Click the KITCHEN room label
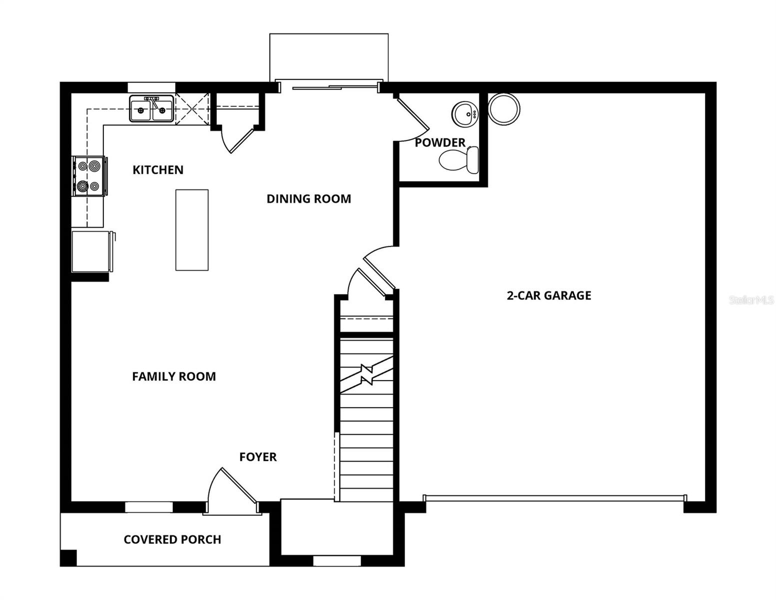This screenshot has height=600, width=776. coord(158,170)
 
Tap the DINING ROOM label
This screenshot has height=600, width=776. coord(308,199)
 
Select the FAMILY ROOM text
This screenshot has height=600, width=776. coord(174,376)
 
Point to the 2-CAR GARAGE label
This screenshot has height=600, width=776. coord(549,295)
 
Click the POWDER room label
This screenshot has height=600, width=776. coord(440,143)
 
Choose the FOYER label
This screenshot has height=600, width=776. coord(258,457)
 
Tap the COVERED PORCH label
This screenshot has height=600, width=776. coord(172,539)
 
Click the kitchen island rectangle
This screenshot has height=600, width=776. coord(192,230)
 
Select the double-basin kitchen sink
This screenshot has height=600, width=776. coord(151,109)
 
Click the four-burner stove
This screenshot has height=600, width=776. coord(89,175)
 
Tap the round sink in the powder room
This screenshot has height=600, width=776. coord(465,114)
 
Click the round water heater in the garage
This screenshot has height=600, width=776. coord(504,109)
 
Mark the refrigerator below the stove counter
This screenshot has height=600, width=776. coord(91,251)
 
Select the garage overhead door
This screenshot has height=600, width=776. coord(554,498)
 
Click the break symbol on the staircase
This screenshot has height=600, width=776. coord(367,374)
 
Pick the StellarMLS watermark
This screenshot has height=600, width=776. coord(751,300)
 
